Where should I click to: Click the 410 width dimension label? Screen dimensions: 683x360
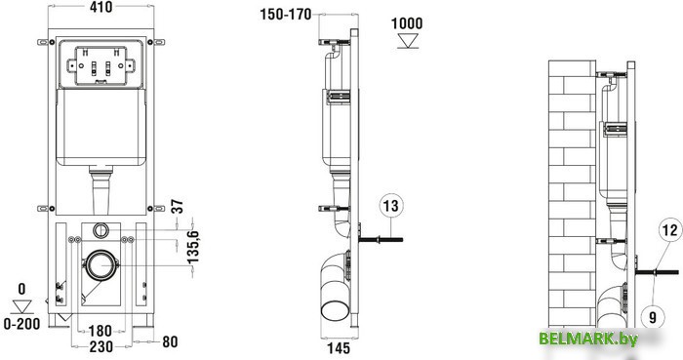[x=101, y=7]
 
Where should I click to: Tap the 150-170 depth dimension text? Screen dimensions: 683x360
[x=286, y=15]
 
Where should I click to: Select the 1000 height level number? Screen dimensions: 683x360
[x=407, y=23]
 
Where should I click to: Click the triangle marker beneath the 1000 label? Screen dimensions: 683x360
[x=408, y=41]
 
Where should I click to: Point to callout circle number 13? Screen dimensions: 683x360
[x=391, y=206]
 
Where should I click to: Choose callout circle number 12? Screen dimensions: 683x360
[x=670, y=230]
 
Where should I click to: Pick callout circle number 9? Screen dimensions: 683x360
[x=653, y=316]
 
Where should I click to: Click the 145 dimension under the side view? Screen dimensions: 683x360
[x=339, y=348]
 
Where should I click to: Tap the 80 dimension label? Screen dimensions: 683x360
[x=170, y=341]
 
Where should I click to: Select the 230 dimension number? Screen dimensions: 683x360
[x=101, y=347]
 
